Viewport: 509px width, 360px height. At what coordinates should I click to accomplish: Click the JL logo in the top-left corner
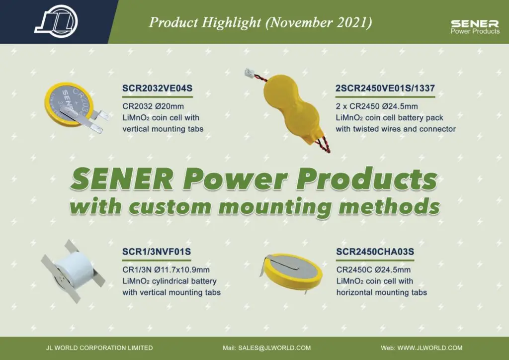click(56, 20)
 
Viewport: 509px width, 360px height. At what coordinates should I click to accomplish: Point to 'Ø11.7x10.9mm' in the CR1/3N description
click(184, 270)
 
